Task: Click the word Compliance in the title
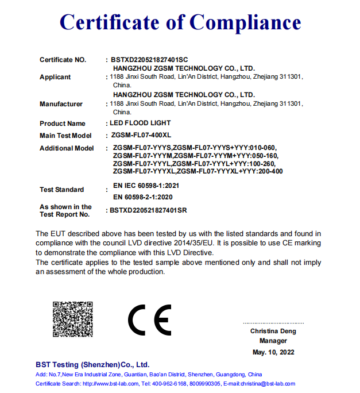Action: click(246, 22)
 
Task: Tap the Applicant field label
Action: click(55, 77)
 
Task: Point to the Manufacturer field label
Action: click(61, 104)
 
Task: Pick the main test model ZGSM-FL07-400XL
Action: click(142, 136)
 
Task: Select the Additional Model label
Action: click(66, 148)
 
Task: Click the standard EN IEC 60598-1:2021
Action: click(146, 186)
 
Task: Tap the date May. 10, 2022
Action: click(273, 352)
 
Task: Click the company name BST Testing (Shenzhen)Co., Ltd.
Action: click(92, 364)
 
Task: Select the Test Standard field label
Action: click(61, 190)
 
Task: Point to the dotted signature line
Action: click(273, 323)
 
